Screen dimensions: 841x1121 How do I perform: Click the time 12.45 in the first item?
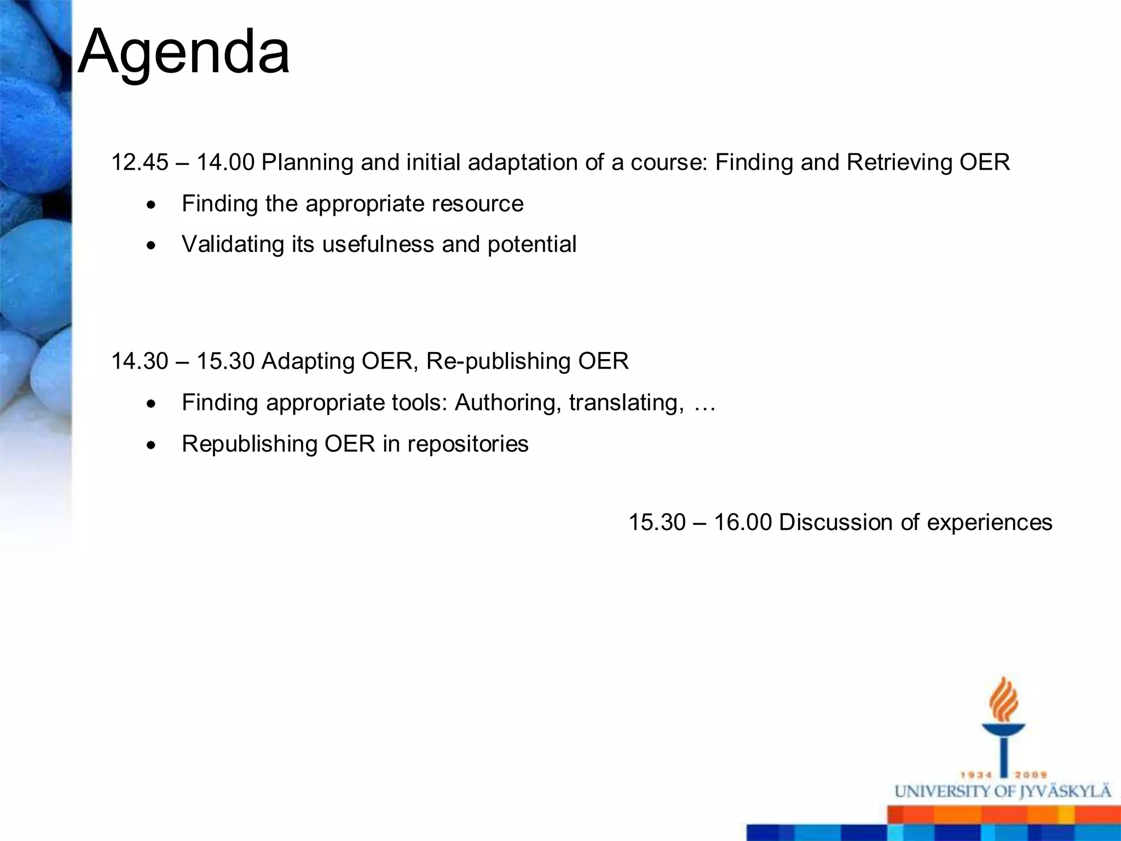[140, 163]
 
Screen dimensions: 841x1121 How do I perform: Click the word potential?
[531, 244]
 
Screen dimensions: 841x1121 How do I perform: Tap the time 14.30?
[140, 361]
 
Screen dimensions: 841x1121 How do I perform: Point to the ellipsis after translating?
[704, 404]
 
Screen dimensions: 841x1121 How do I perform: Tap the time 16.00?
[743, 522]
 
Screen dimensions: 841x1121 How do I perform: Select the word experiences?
[989, 522]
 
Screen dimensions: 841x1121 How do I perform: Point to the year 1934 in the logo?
[976, 775]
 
